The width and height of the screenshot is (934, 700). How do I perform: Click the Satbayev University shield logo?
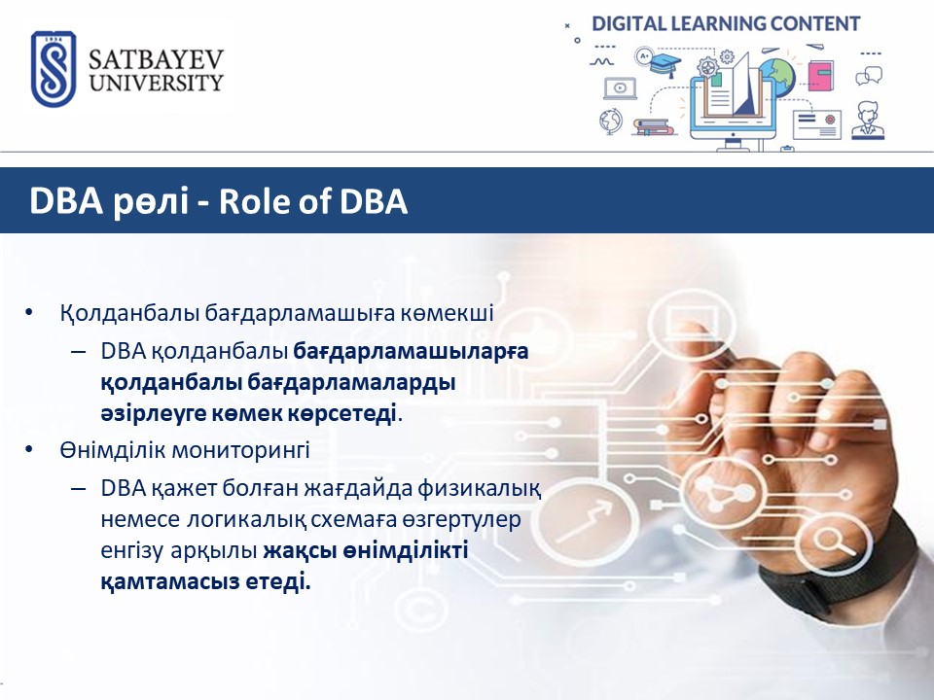[x=54, y=69]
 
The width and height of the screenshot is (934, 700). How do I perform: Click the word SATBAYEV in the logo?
[x=156, y=59]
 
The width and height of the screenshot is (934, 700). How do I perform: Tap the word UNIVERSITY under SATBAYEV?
[x=156, y=83]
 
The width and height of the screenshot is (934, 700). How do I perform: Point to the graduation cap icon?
[x=665, y=63]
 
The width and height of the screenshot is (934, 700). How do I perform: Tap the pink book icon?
[x=821, y=76]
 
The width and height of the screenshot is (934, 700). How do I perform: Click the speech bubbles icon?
[x=869, y=76]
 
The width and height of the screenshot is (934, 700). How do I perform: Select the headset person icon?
[x=867, y=121]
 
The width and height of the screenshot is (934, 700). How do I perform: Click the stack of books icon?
[x=653, y=126]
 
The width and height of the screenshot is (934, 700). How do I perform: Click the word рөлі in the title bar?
[x=150, y=201]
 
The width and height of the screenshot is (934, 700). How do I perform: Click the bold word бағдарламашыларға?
[x=411, y=351]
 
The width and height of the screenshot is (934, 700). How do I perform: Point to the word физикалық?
[x=479, y=489]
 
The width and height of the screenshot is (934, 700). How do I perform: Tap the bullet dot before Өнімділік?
[x=28, y=450]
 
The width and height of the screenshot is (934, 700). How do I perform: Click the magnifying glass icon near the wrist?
[x=833, y=542]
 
